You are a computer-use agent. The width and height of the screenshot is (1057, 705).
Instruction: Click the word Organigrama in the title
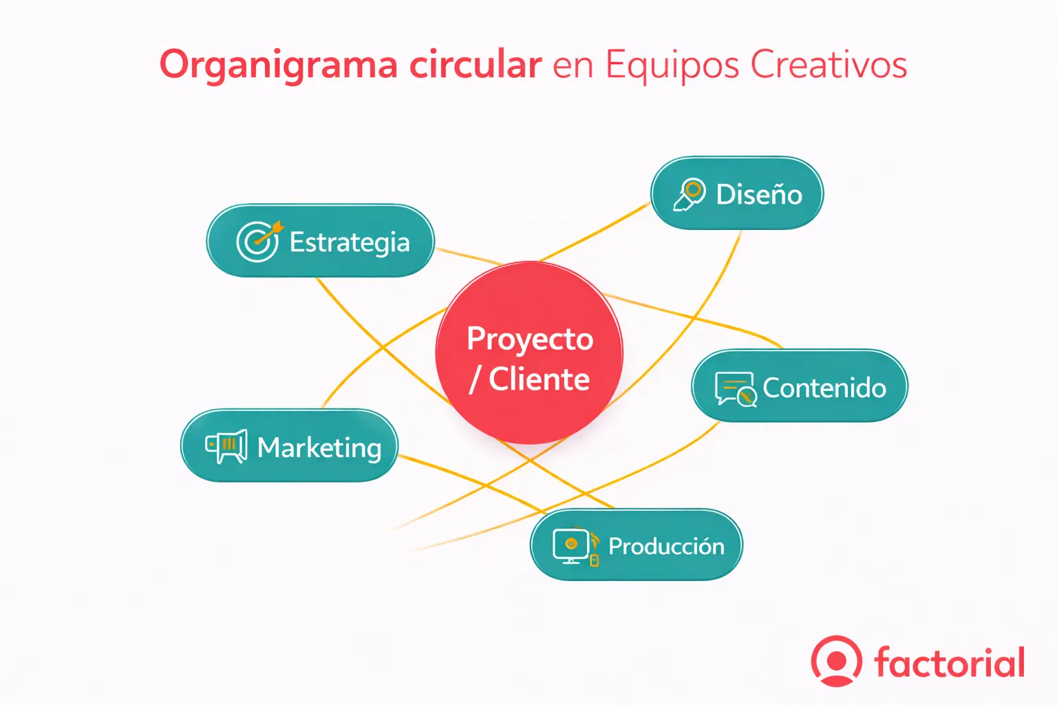point(278,66)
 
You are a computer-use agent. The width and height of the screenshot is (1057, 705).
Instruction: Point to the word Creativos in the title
point(829,65)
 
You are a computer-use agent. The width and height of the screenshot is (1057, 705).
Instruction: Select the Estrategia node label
point(350,242)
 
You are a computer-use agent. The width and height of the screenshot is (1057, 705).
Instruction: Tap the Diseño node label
point(758,194)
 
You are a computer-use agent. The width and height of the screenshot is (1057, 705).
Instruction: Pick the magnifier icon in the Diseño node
point(690,193)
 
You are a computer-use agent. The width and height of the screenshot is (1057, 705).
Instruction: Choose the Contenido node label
point(824,388)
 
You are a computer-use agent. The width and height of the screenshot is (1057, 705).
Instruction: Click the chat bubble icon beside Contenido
point(735,389)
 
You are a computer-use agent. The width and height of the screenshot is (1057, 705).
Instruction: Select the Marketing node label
point(319,448)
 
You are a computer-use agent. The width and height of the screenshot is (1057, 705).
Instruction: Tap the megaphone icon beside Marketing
point(226,446)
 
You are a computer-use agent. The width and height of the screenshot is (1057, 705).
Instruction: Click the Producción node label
point(666,547)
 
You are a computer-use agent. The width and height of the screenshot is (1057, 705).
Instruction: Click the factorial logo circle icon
point(836,661)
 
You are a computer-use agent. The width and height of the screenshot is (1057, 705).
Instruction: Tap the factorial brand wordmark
point(950,662)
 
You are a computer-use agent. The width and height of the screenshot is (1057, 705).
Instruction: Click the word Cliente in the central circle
point(539,379)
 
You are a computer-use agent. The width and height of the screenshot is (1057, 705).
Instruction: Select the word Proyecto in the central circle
point(530,339)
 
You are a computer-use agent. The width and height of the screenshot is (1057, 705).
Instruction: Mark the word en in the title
point(573,66)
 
